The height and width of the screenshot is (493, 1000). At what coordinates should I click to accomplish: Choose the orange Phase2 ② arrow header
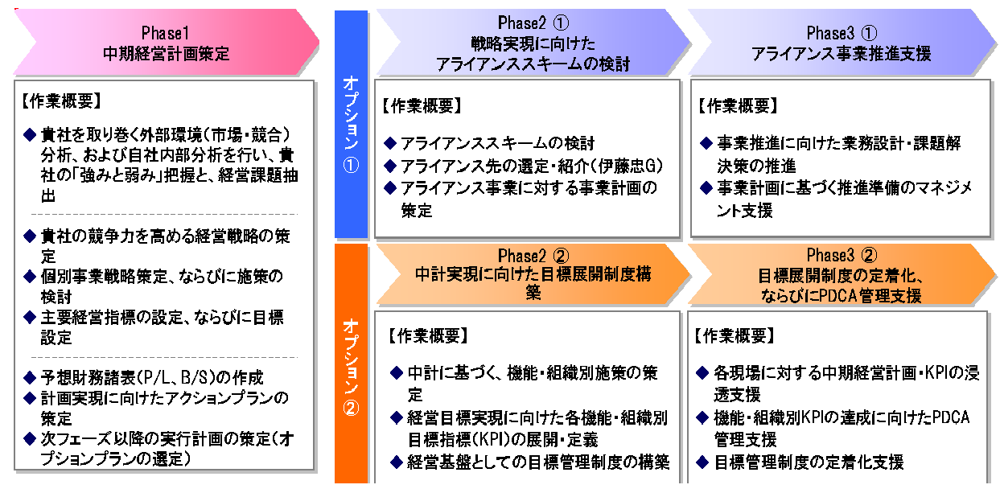(532, 274)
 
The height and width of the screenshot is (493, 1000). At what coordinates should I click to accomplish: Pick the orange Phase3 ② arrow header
(841, 274)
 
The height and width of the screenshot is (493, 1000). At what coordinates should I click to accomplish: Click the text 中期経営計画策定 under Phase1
(166, 54)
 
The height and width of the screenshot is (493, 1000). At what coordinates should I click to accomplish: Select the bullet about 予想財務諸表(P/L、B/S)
(152, 377)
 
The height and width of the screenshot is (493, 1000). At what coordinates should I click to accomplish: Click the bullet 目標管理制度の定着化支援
(809, 462)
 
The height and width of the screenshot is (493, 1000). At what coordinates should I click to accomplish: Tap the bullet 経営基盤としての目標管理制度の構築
(535, 462)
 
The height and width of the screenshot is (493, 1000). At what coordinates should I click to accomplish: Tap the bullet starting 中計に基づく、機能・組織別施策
(531, 384)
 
